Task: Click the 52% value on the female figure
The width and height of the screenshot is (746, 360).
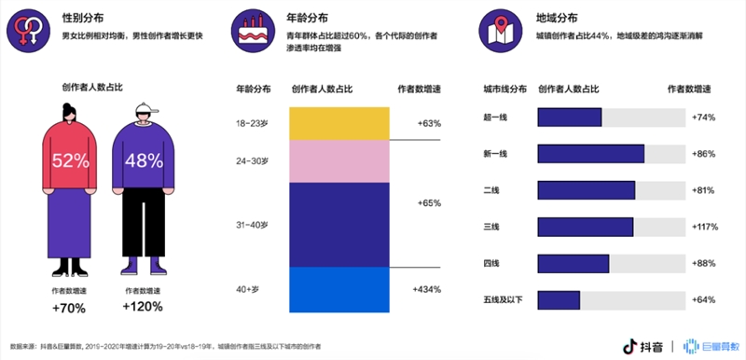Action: point(70,160)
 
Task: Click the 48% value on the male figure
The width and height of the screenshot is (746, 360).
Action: point(144,160)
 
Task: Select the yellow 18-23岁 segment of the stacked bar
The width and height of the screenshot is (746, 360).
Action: point(338,123)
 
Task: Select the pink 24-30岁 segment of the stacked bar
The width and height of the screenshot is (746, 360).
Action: point(338,161)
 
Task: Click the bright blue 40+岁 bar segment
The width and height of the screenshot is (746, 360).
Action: point(338,290)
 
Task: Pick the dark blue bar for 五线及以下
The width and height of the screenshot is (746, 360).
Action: point(559,299)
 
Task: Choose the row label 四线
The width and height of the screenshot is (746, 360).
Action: point(490,263)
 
